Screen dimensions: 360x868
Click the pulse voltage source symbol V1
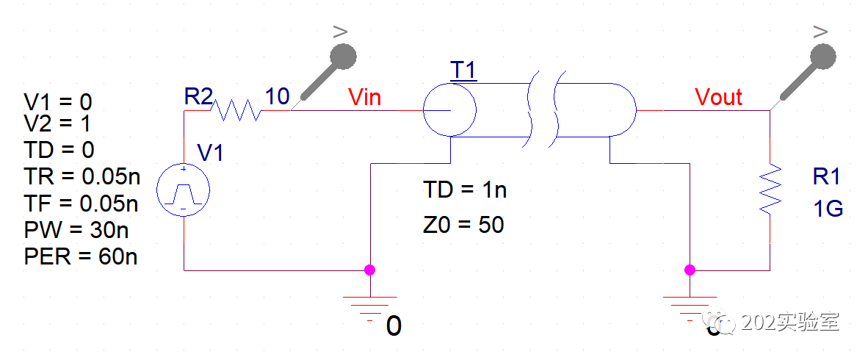coord(184,192)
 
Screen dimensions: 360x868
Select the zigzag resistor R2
coord(236,111)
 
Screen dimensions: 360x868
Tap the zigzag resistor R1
coord(769,190)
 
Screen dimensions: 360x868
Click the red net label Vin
coord(364,96)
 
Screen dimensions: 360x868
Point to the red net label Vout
coord(718,96)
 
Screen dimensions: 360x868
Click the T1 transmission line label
coord(463,70)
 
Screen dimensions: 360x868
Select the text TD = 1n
coord(465,190)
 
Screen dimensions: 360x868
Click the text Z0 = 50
coord(463,223)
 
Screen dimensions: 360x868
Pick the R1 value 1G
coord(828,209)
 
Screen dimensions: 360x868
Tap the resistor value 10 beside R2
coord(277,96)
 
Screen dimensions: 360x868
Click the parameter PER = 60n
coord(81,256)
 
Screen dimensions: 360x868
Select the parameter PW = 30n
coord(76,231)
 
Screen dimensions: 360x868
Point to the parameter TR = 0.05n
coord(82,178)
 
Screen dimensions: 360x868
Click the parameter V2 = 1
coord(58,123)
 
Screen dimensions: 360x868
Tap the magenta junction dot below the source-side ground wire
coord(369,270)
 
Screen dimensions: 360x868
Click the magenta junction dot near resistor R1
coord(690,270)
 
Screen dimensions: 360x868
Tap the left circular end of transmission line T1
coord(450,110)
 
